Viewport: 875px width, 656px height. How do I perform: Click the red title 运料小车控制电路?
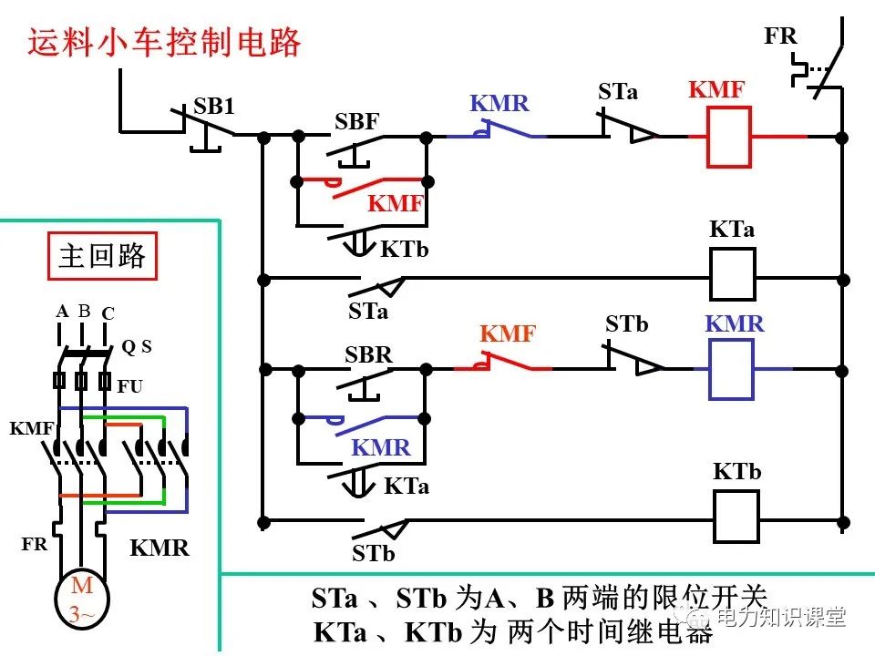click(x=164, y=43)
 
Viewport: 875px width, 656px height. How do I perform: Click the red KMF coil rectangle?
click(x=729, y=137)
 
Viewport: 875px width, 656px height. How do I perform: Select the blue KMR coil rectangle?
click(x=731, y=369)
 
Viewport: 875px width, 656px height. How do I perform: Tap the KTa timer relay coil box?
click(x=733, y=274)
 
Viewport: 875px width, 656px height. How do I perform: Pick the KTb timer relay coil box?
click(x=736, y=516)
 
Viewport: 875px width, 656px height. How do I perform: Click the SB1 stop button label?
click(x=214, y=107)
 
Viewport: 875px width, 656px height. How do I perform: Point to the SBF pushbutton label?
click(x=356, y=121)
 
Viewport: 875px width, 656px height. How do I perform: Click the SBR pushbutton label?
click(x=368, y=354)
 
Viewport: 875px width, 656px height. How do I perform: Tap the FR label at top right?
click(x=780, y=36)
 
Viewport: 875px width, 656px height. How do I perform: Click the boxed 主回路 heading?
click(x=102, y=256)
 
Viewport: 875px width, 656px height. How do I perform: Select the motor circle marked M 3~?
click(x=82, y=600)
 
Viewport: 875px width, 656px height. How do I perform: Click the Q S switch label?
click(x=137, y=346)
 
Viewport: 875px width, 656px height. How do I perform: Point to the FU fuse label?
click(x=130, y=386)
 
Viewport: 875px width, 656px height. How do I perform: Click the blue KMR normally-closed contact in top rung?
click(x=497, y=135)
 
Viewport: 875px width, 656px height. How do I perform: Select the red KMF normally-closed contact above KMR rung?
click(x=504, y=366)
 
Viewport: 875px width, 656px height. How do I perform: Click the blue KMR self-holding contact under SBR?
click(x=360, y=421)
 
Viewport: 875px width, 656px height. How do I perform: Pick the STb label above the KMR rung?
click(x=626, y=324)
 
